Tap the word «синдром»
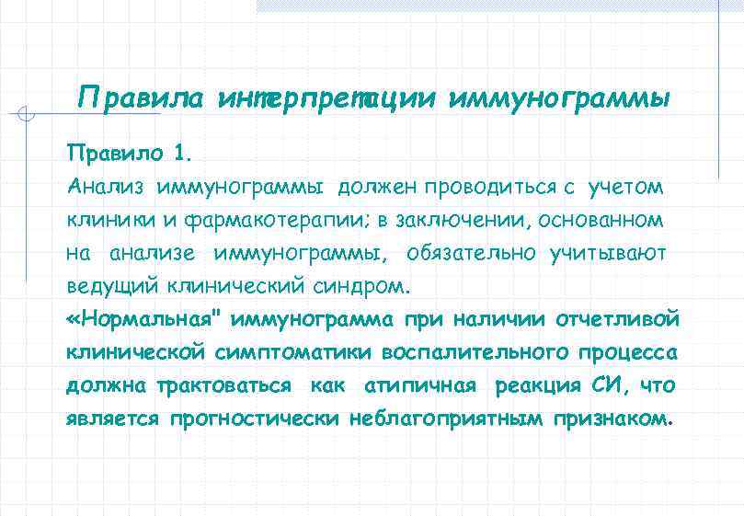359,285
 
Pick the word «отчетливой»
617,319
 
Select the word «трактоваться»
225,385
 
